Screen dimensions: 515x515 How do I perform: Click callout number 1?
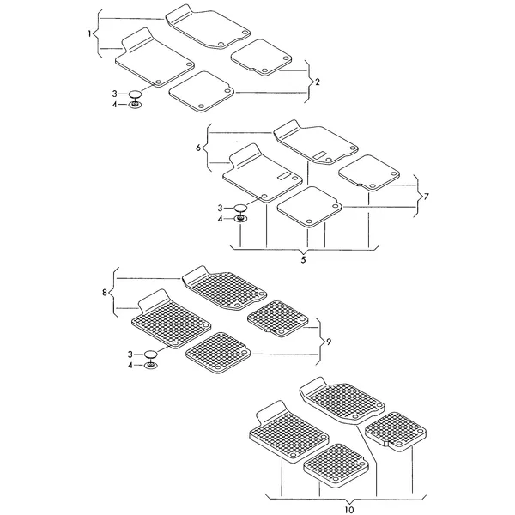89,33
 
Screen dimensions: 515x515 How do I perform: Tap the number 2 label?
318,82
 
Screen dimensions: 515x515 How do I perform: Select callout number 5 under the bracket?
303,259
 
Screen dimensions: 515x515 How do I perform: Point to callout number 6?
198,148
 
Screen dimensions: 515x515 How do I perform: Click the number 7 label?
427,197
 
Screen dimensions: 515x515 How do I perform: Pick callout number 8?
105,293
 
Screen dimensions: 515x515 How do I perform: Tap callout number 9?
329,342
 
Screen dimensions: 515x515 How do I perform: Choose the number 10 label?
349,510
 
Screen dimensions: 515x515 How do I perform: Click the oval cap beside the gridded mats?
151,354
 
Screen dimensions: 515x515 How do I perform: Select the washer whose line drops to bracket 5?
240,219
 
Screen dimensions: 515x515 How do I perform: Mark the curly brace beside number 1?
96,33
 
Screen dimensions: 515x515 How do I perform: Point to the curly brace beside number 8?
112,293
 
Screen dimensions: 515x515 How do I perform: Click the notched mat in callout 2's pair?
262,58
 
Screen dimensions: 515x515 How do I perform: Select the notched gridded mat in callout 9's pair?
277,318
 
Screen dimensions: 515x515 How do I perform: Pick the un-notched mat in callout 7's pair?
309,207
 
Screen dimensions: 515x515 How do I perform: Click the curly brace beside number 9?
319,342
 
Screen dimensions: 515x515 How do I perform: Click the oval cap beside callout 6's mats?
240,208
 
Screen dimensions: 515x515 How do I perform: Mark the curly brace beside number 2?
308,82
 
